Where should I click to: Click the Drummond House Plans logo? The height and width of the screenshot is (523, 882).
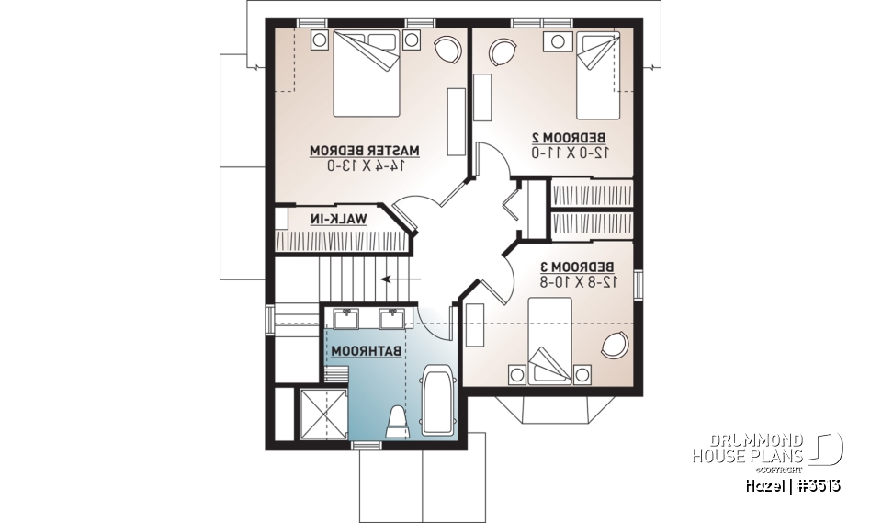point(766,449)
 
